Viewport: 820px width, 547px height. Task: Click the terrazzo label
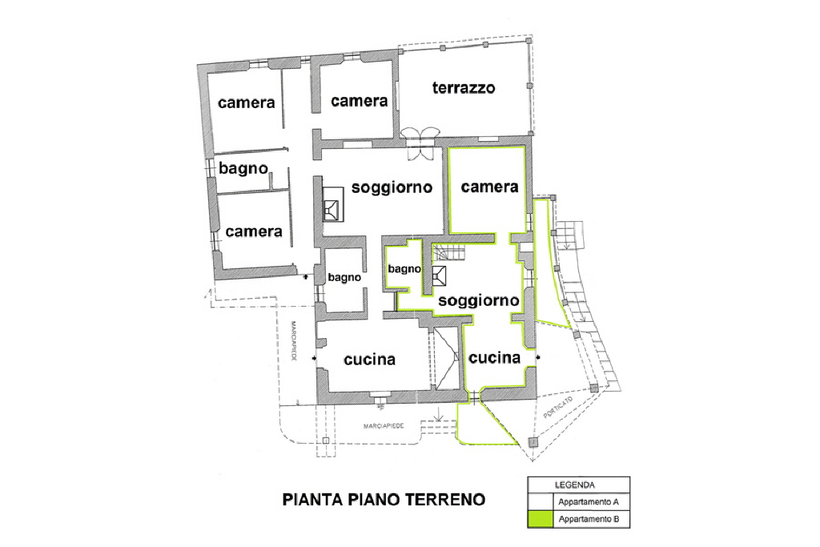point(464,88)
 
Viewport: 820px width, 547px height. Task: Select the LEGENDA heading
point(574,485)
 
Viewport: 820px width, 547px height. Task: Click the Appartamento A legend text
point(589,502)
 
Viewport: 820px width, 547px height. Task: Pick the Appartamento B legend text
point(589,519)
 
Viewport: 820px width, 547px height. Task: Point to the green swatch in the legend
point(541,519)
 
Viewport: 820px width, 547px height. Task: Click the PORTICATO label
point(558,408)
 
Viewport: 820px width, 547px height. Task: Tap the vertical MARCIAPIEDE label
point(294,341)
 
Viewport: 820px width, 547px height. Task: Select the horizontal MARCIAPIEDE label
point(384,426)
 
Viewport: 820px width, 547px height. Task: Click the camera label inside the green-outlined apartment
point(489,187)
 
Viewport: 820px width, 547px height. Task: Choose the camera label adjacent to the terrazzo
point(360,100)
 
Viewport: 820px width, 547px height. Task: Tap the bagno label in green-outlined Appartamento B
point(404,269)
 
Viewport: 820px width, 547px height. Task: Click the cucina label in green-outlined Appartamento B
point(494,358)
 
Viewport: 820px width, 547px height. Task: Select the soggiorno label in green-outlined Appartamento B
point(479,300)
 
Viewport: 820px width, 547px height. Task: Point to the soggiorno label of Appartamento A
point(392,187)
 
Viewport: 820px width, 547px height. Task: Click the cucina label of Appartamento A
point(369,360)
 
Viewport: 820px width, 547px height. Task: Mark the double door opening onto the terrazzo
point(419,144)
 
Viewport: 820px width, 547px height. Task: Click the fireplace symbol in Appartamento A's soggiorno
point(333,205)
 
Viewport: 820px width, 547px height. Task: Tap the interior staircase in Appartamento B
point(450,252)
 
